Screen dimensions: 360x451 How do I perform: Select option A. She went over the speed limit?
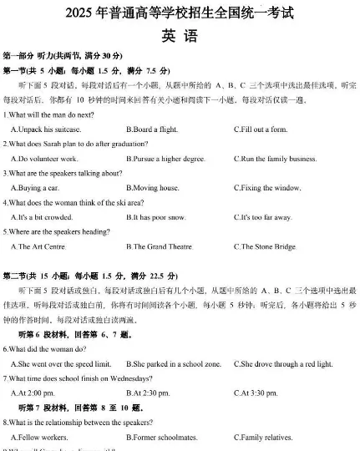pos(61,364)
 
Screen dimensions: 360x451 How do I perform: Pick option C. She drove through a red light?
pos(283,364)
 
